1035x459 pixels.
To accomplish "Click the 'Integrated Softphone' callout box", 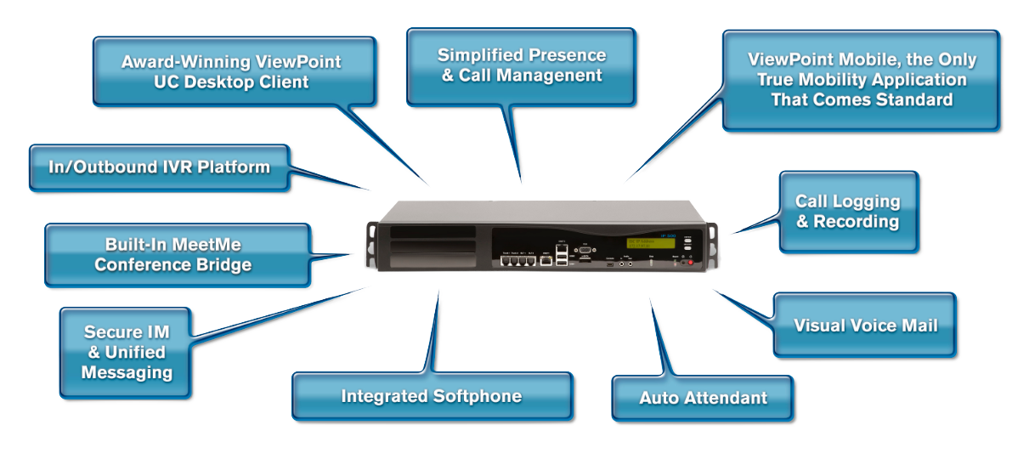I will tap(432, 397).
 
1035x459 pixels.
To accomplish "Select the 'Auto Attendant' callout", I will tap(703, 398).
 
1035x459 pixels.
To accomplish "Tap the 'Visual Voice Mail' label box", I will tap(865, 326).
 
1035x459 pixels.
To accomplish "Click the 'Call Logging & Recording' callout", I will tap(847, 212).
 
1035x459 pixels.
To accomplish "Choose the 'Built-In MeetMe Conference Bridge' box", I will tap(173, 254).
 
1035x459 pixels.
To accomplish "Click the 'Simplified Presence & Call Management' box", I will tap(522, 65).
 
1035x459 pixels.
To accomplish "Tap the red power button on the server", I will tap(690, 263).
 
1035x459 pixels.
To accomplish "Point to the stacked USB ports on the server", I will tap(561, 258).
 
